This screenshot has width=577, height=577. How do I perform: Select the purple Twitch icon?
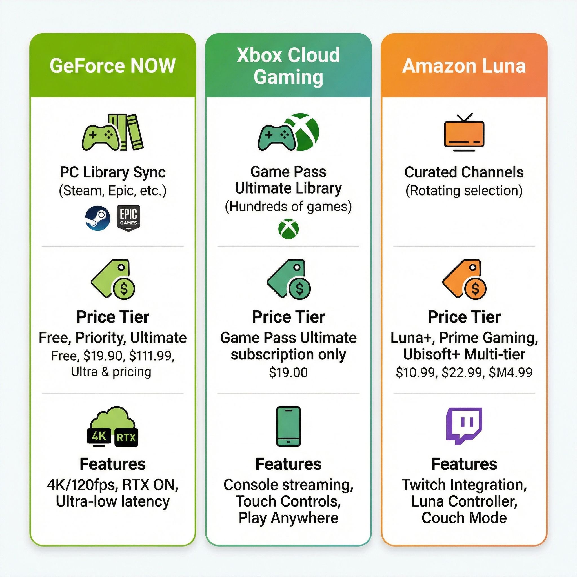click(x=464, y=426)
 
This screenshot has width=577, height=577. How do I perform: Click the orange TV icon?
click(x=464, y=132)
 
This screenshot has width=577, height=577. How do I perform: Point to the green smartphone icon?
click(x=288, y=426)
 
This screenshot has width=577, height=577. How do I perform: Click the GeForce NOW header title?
click(x=113, y=66)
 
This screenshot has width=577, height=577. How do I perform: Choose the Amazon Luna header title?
click(x=464, y=66)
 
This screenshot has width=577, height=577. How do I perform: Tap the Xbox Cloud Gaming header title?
click(x=288, y=66)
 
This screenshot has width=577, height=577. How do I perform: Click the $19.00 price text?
click(x=288, y=372)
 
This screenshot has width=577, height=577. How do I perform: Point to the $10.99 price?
click(x=415, y=372)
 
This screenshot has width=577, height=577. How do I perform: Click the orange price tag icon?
click(x=464, y=279)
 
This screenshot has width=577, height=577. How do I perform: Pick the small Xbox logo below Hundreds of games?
click(x=288, y=229)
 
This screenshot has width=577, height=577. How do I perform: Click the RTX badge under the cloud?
click(x=126, y=438)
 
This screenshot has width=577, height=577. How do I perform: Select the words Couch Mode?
click(x=464, y=518)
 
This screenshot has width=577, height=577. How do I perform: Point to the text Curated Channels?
click(x=464, y=172)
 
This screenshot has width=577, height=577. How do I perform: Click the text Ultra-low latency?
click(x=113, y=501)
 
